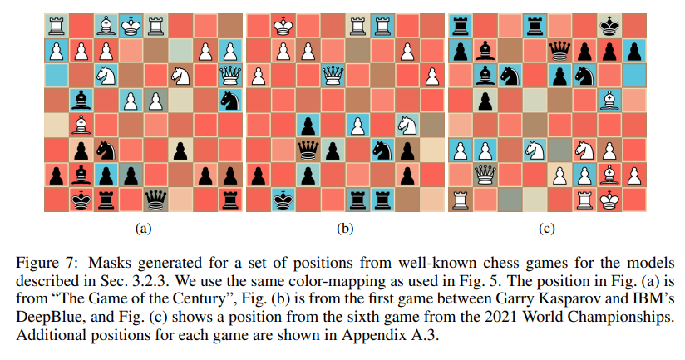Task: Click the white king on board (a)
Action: coord(131,26)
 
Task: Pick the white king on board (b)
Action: coord(283,26)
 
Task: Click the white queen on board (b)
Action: coord(333,76)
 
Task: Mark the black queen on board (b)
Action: coord(308,150)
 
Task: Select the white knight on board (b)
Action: coord(407,126)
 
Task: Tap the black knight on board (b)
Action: coord(382,150)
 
